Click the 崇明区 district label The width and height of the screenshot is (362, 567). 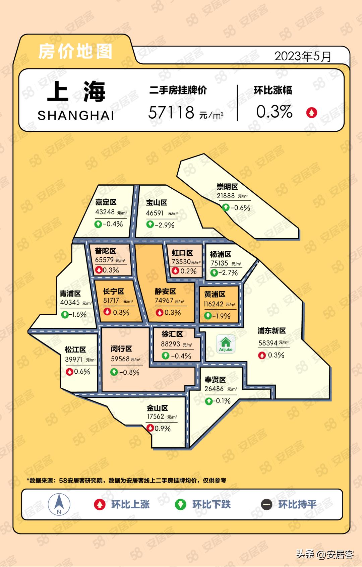227,187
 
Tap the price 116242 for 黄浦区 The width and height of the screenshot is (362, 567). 214,304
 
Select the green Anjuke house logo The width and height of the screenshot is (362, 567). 226,344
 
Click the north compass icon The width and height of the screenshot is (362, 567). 59,504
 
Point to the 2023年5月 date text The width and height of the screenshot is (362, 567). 303,56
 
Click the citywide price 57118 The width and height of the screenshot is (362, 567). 171,112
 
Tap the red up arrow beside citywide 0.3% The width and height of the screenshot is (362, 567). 311,113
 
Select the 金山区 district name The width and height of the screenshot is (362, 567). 157,408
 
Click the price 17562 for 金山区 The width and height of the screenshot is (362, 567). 156,417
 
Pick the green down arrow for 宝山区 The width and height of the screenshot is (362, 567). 150,224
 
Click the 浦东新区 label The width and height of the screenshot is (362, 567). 271,331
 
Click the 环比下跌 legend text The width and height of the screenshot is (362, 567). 211,504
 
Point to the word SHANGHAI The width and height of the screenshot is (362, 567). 76,116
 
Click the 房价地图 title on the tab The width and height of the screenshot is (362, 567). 75,52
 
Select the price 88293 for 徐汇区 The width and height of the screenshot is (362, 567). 171,344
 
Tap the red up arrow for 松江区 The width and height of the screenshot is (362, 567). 69,372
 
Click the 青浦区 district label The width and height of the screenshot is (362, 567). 70,294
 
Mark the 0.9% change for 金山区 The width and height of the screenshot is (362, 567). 163,429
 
